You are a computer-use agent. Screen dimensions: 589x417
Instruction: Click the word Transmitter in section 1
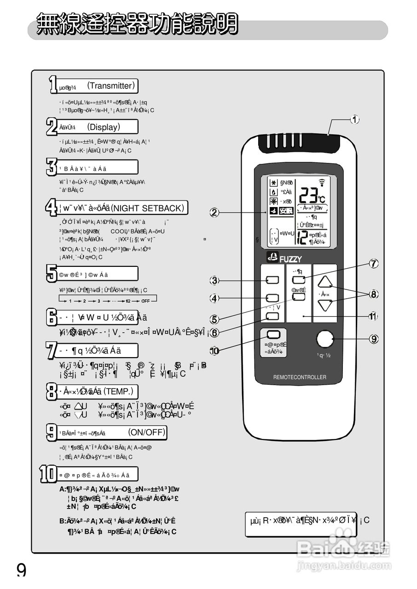pyautogui.click(x=110, y=86)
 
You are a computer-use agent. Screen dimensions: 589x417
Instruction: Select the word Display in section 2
pyautogui.click(x=104, y=127)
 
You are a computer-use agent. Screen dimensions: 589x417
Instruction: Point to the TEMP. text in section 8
pyautogui.click(x=118, y=391)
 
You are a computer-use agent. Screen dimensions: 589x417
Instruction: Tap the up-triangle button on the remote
pyautogui.click(x=325, y=282)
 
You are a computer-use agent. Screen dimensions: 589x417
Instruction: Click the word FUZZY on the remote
pyautogui.click(x=290, y=260)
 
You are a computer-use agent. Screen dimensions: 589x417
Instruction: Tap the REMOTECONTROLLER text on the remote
pyautogui.click(x=300, y=377)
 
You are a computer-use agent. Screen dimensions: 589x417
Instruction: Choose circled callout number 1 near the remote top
pyautogui.click(x=354, y=120)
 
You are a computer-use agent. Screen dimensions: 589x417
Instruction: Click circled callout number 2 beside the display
pyautogui.click(x=214, y=213)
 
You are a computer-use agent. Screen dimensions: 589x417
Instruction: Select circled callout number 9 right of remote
pyautogui.click(x=374, y=339)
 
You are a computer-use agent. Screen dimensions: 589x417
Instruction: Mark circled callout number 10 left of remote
pyautogui.click(x=214, y=351)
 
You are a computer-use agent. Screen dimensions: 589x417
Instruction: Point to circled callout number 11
pyautogui.click(x=373, y=316)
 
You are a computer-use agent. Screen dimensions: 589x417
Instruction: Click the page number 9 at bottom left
pyautogui.click(x=22, y=571)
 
